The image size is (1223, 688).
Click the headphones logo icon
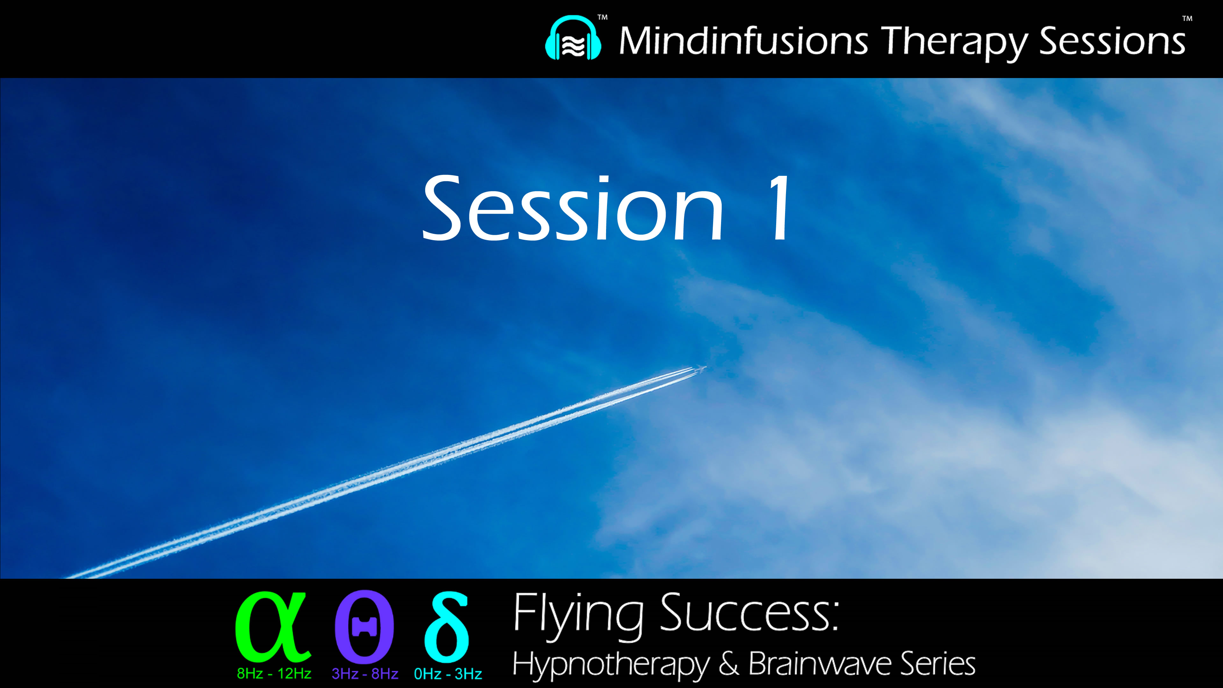(x=573, y=39)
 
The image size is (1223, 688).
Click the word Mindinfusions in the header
(x=743, y=41)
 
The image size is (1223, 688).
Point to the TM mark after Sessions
(x=1187, y=19)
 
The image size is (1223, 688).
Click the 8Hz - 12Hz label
(x=274, y=674)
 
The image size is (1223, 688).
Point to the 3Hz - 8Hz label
(x=365, y=674)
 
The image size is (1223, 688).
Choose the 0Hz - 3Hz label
(x=448, y=674)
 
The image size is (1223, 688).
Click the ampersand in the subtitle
(x=729, y=663)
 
